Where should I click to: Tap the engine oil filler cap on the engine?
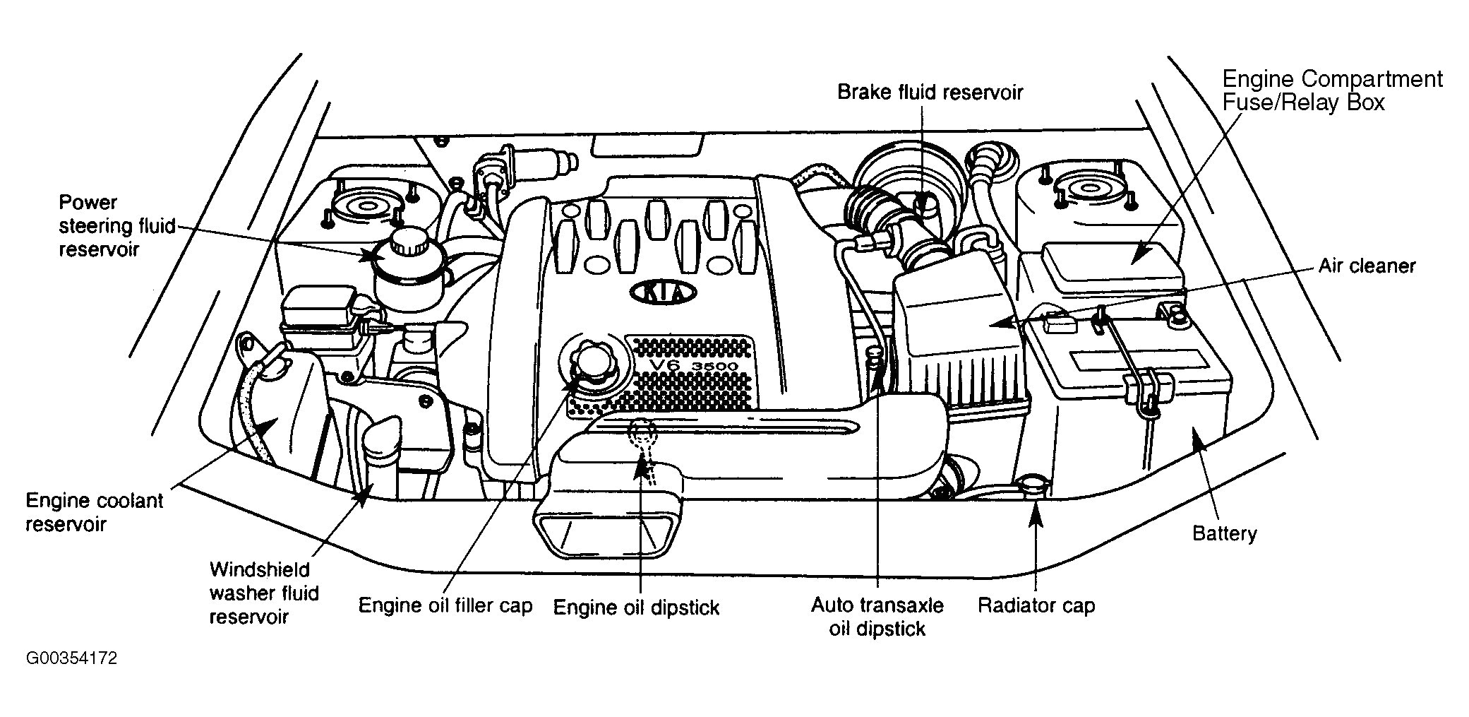coord(588,361)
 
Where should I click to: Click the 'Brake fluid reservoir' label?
coord(930,93)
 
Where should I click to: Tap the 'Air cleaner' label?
coord(1367,266)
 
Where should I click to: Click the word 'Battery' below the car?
coord(1224,533)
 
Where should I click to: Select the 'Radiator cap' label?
coord(1036,605)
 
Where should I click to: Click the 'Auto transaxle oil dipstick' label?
coord(877,616)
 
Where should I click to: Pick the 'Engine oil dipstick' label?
coord(635,608)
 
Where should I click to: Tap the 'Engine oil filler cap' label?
coord(445,605)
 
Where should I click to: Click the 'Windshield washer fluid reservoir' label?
coord(264,593)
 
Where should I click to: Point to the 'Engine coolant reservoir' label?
coord(94,512)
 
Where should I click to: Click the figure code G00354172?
coord(71,658)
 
